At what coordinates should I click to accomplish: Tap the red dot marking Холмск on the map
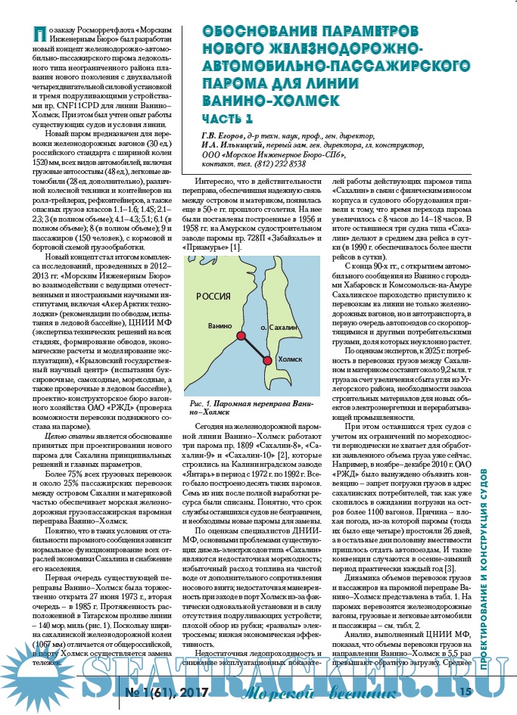point(266,361)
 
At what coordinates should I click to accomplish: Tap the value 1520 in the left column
point(36,161)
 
